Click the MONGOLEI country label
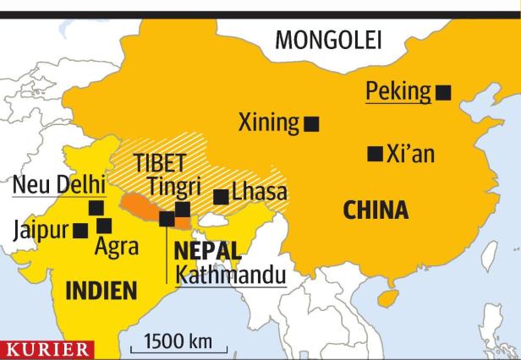328,40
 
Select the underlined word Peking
398,91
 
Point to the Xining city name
269,123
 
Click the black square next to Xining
311,124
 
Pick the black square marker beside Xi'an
374,154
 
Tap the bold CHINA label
376,210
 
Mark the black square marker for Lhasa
221,197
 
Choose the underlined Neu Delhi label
58,184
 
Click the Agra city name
116,247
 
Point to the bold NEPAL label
207,250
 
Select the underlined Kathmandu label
228,275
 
